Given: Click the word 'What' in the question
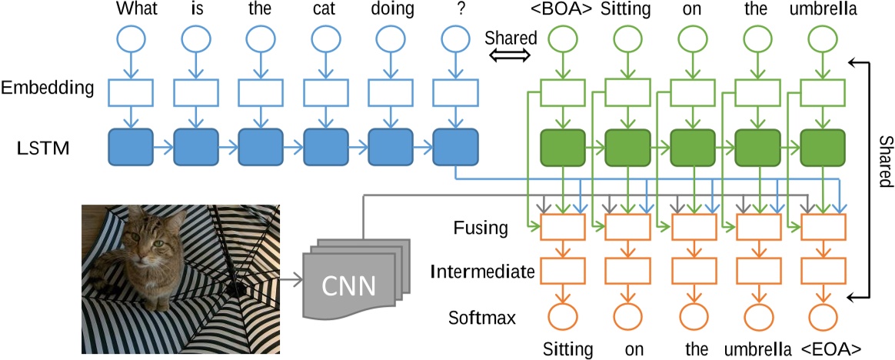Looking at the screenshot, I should [x=131, y=10].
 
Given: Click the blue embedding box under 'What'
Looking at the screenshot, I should [x=131, y=92].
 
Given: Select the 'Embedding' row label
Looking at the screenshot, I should [x=48, y=88].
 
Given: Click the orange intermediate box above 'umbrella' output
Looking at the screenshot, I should [x=758, y=271].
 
